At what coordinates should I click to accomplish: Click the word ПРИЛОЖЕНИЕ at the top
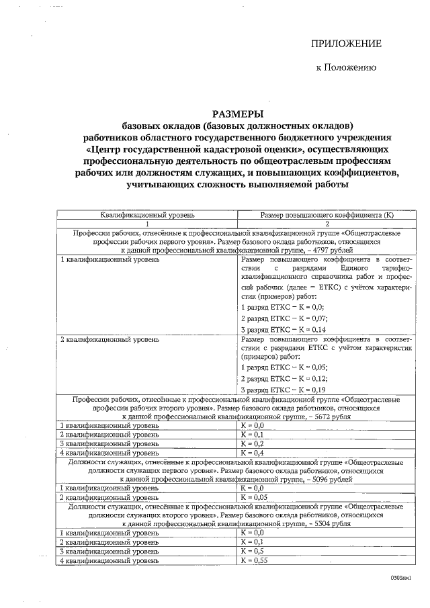345,44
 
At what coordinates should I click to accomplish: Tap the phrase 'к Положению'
346,67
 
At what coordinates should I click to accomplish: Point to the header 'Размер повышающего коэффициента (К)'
326,215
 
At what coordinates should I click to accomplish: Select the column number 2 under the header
327,224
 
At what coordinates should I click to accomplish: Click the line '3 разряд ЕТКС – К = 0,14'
283,330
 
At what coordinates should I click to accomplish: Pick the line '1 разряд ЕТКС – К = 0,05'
284,367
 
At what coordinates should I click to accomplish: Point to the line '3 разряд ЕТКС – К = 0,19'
283,390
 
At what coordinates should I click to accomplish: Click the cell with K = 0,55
253,560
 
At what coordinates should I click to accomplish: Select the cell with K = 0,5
251,550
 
